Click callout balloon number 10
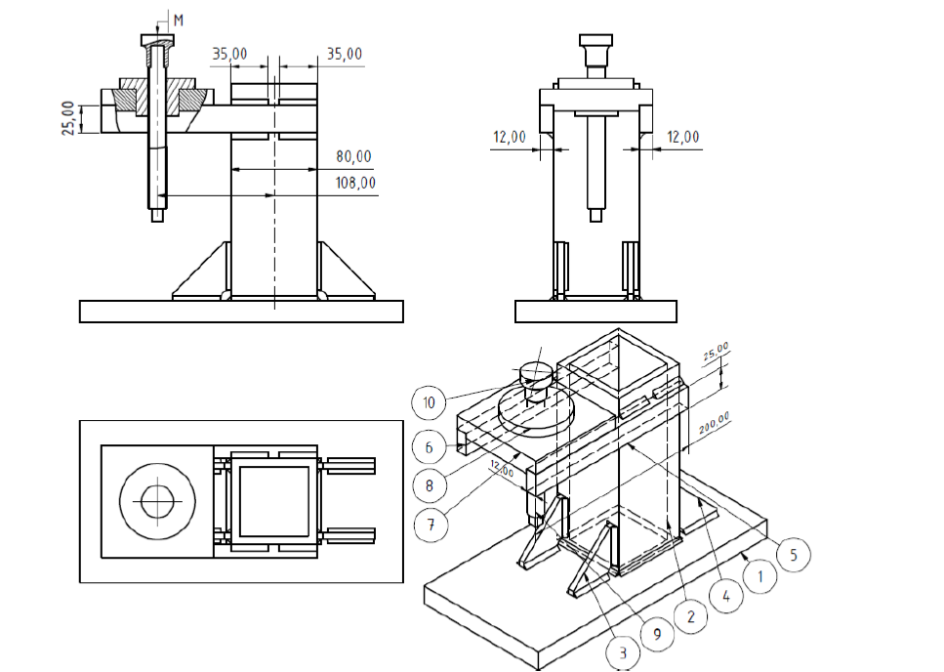pos(430,400)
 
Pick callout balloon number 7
pos(430,523)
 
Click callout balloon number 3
pos(623,651)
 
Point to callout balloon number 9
pos(657,634)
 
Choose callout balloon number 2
pos(690,616)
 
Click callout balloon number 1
pos(759,575)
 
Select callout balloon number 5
pos(793,555)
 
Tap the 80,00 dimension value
pos(352,156)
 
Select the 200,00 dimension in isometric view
pos(714,427)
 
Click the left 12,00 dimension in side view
pos(509,137)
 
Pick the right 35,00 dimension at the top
pos(344,54)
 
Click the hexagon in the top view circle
pos(156,501)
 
